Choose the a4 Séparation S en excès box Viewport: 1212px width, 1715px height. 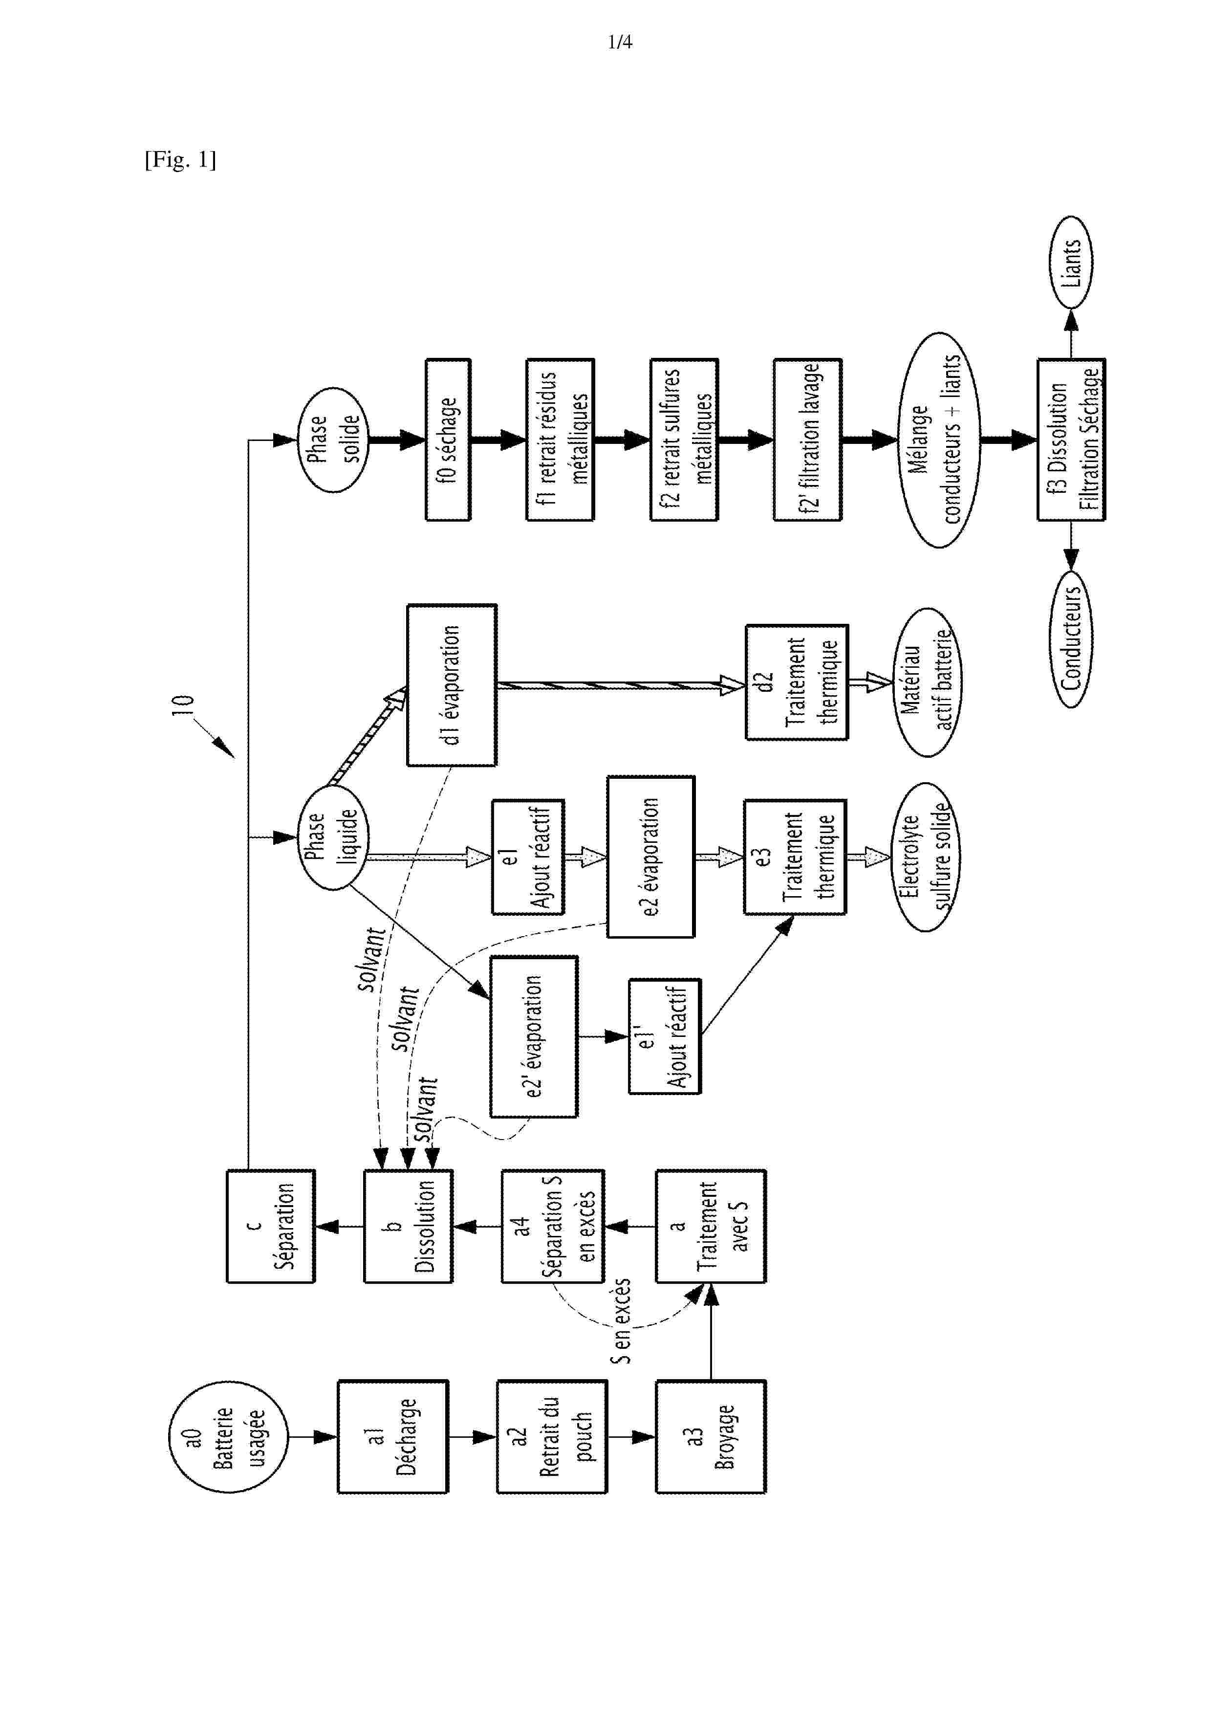point(552,1227)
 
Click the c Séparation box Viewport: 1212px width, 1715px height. point(270,1227)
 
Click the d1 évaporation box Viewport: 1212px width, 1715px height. point(452,685)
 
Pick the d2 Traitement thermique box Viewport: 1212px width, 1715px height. point(797,682)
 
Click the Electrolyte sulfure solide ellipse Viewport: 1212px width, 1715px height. point(926,857)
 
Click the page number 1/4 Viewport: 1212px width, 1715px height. point(620,43)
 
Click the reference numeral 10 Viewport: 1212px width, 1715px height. point(183,705)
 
